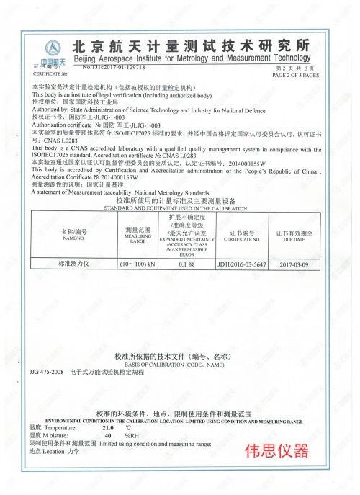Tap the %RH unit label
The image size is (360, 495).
click(132, 436)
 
